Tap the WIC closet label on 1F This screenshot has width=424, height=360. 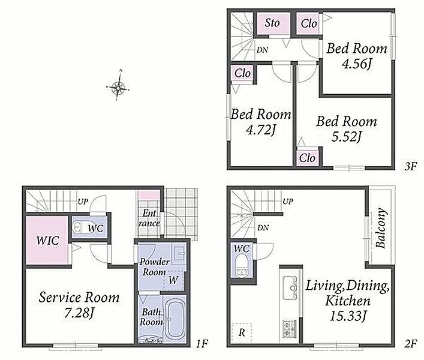(x=48, y=240)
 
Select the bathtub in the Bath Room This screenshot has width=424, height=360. (x=176, y=319)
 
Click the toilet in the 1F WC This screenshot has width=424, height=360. (x=78, y=227)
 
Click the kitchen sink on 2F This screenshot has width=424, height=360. (x=290, y=287)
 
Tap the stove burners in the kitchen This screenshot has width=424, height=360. (x=290, y=329)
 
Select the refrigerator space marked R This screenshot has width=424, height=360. (x=242, y=332)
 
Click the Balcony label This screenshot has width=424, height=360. (x=381, y=228)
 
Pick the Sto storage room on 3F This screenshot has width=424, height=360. (x=272, y=23)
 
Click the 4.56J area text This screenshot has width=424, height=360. (x=357, y=64)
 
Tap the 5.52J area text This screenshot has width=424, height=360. (x=347, y=137)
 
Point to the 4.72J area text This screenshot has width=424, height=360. (x=261, y=130)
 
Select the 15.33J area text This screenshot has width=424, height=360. (x=348, y=316)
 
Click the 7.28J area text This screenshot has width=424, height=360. (x=79, y=313)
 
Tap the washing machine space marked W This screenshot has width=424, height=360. (x=173, y=280)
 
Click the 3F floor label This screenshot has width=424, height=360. (x=411, y=166)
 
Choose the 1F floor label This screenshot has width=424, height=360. (x=202, y=344)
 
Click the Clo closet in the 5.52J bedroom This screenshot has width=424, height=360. (x=308, y=158)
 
